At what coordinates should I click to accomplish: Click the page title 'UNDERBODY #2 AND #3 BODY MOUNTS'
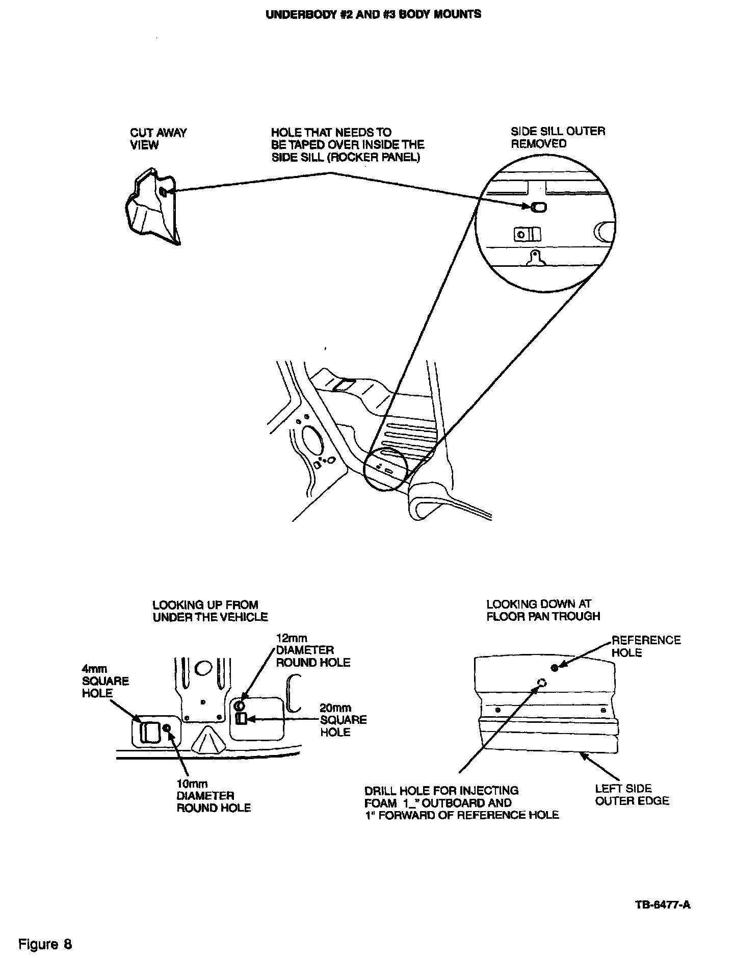pos(373,14)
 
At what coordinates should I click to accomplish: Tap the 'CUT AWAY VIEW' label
pos(158,139)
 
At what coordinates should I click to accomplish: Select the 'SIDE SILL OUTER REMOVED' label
pos(558,137)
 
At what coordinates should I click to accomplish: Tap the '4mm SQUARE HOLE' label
pos(106,681)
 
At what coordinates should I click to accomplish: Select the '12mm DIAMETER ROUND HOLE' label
pos(313,650)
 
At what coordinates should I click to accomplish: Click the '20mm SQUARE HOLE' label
pos(343,720)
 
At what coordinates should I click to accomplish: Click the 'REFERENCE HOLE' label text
pos(646,646)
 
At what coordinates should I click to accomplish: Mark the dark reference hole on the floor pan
pos(555,668)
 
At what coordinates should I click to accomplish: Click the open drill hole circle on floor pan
pos(542,683)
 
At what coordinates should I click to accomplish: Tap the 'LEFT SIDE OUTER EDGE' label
pos(632,795)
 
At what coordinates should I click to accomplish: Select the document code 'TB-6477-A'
pos(663,905)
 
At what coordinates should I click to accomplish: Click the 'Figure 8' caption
pos(45,944)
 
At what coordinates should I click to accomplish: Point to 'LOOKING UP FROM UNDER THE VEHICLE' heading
pos(210,611)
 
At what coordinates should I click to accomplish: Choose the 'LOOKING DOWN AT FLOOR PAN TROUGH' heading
pos(543,610)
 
